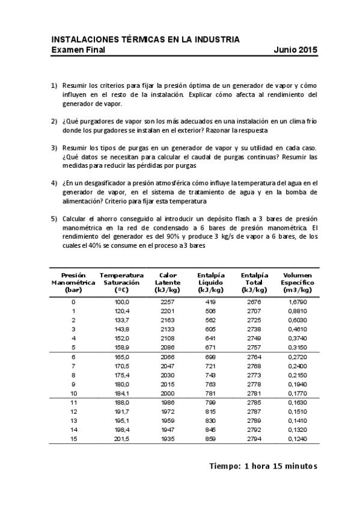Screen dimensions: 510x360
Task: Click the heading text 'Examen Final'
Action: [78, 50]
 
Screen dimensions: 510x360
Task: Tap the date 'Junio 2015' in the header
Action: [295, 50]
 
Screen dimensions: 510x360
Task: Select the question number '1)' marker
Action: [54, 86]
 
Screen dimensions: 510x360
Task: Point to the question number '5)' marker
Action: [54, 220]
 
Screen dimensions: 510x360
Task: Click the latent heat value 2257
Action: [168, 301]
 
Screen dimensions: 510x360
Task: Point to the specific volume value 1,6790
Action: [297, 301]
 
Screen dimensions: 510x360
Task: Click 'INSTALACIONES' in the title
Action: [82, 40]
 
